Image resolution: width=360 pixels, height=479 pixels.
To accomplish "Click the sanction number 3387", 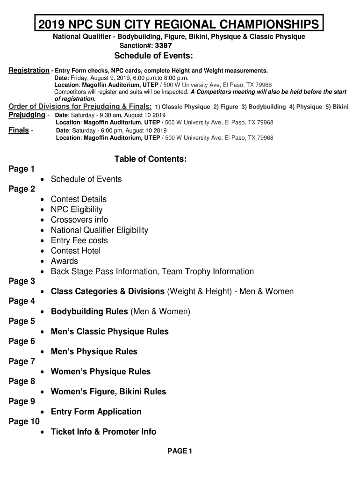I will pyautogui.click(x=163, y=46).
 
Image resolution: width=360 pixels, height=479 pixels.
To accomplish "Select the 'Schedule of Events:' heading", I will pyautogui.click(x=154, y=56).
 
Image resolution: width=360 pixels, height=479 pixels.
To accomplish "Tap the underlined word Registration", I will pyautogui.click(x=29, y=70).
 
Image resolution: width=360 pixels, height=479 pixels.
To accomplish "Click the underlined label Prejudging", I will pyautogui.click(x=27, y=115).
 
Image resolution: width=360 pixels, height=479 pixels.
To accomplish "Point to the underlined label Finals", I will pyautogui.click(x=19, y=130).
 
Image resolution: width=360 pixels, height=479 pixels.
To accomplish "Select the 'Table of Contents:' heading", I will pyautogui.click(x=151, y=159).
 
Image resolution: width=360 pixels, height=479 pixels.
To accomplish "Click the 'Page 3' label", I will pyautogui.click(x=22, y=281).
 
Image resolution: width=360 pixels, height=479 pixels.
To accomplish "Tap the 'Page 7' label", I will pyautogui.click(x=22, y=361).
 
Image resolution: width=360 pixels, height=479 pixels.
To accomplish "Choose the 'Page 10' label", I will pyautogui.click(x=24, y=421).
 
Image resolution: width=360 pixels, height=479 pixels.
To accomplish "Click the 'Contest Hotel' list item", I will pyautogui.click(x=76, y=251).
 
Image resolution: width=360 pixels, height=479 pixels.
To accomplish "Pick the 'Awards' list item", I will pyautogui.click(x=65, y=261).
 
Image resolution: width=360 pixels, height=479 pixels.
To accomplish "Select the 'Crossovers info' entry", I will pyautogui.click(x=79, y=220).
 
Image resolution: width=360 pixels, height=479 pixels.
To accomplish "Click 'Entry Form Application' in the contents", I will pyautogui.click(x=96, y=412).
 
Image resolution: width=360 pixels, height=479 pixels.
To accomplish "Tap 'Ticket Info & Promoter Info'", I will pyautogui.click(x=103, y=432).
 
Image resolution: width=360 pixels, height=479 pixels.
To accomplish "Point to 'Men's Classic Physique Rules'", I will pyautogui.click(x=109, y=332).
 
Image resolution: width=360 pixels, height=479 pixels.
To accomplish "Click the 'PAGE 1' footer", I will pyautogui.click(x=180, y=451).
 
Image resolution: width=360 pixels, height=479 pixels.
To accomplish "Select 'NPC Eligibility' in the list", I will pyautogui.click(x=77, y=210).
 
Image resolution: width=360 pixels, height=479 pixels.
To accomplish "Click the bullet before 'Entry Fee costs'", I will pyautogui.click(x=43, y=241).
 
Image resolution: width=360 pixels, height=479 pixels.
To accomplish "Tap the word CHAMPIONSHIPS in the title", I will pyautogui.click(x=260, y=24).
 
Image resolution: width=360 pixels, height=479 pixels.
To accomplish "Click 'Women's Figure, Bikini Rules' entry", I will pyautogui.click(x=108, y=392).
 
